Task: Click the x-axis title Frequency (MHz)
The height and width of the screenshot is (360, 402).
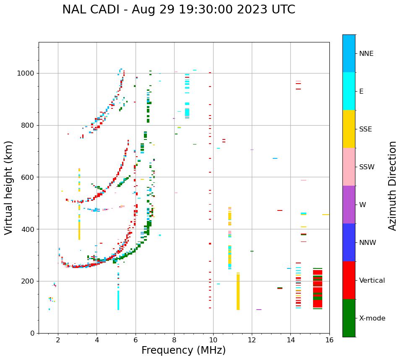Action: pos(183,350)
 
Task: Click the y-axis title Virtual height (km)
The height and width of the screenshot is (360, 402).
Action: pos(9,187)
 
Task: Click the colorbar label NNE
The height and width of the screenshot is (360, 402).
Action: pos(366,54)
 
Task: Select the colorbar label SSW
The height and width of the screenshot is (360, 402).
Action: pos(367,167)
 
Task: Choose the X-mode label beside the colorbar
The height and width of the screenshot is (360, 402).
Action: pos(372,318)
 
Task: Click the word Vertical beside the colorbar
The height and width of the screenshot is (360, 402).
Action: pos(372,281)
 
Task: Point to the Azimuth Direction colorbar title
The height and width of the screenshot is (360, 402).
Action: pos(392,186)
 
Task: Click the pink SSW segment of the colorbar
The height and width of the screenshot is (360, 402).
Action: pos(349,167)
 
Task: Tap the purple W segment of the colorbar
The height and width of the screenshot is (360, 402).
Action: pos(349,205)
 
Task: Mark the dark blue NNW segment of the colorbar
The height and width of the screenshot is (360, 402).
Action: pos(349,242)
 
